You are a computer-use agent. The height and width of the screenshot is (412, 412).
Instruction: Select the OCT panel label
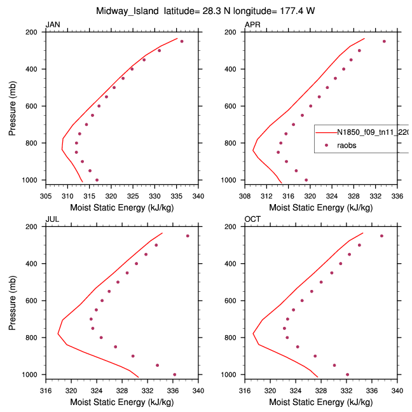252,219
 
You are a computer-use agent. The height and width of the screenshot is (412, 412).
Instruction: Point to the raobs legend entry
347,146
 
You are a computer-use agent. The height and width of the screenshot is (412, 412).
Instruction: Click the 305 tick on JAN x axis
46,196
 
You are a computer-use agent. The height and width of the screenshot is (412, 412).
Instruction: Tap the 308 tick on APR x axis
245,196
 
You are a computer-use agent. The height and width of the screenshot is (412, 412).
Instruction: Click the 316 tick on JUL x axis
46,391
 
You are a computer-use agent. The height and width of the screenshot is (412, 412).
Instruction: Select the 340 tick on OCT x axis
398,391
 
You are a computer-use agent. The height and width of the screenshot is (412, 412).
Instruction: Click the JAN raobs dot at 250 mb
182,41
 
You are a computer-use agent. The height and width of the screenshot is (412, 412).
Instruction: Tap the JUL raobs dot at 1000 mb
175,374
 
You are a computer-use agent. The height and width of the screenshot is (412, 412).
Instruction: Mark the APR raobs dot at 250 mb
384,41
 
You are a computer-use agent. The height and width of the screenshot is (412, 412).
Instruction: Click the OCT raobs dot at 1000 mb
347,374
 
